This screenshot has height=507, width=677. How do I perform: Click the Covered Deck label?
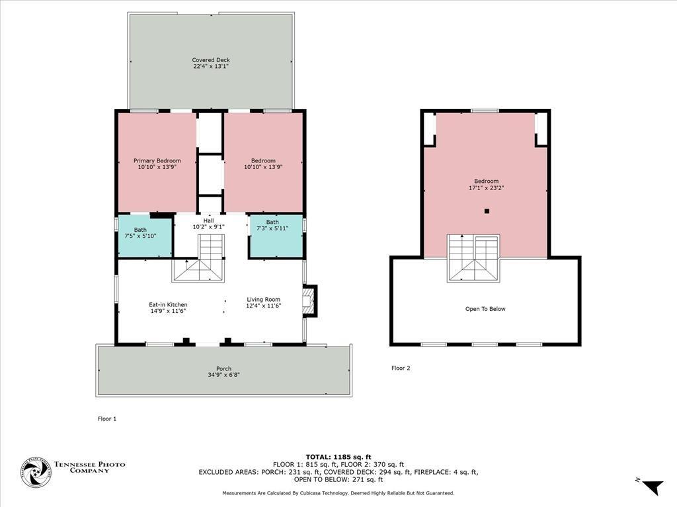pyautogui.click(x=211, y=60)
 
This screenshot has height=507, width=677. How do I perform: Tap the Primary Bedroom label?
pyautogui.click(x=157, y=161)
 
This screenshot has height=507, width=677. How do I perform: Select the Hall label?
pyautogui.click(x=208, y=220)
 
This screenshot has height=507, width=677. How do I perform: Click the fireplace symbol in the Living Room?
pyautogui.click(x=309, y=301)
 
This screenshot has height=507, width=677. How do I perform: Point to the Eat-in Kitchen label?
pyautogui.click(x=168, y=304)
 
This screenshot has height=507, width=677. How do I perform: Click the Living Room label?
pyautogui.click(x=263, y=299)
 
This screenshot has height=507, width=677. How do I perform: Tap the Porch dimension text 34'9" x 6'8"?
pyautogui.click(x=223, y=375)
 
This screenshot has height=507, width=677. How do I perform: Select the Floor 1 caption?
pyautogui.click(x=107, y=419)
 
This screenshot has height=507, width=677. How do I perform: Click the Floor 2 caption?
pyautogui.click(x=401, y=368)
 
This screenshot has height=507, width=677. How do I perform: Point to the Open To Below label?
pyautogui.click(x=485, y=309)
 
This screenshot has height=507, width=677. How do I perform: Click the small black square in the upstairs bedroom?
pyautogui.click(x=487, y=211)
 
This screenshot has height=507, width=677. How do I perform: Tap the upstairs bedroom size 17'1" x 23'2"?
pyautogui.click(x=487, y=187)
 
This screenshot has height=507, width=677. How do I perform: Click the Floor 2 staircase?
pyautogui.click(x=473, y=258)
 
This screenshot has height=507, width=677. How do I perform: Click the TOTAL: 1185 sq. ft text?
pyautogui.click(x=338, y=457)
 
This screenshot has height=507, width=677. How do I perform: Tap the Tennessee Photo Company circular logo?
pyautogui.click(x=37, y=473)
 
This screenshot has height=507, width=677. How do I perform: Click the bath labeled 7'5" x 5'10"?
pyautogui.click(x=145, y=236)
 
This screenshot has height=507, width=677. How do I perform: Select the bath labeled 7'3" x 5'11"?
pyautogui.click(x=276, y=236)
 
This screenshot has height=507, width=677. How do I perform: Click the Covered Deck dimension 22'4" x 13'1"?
pyautogui.click(x=211, y=67)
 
